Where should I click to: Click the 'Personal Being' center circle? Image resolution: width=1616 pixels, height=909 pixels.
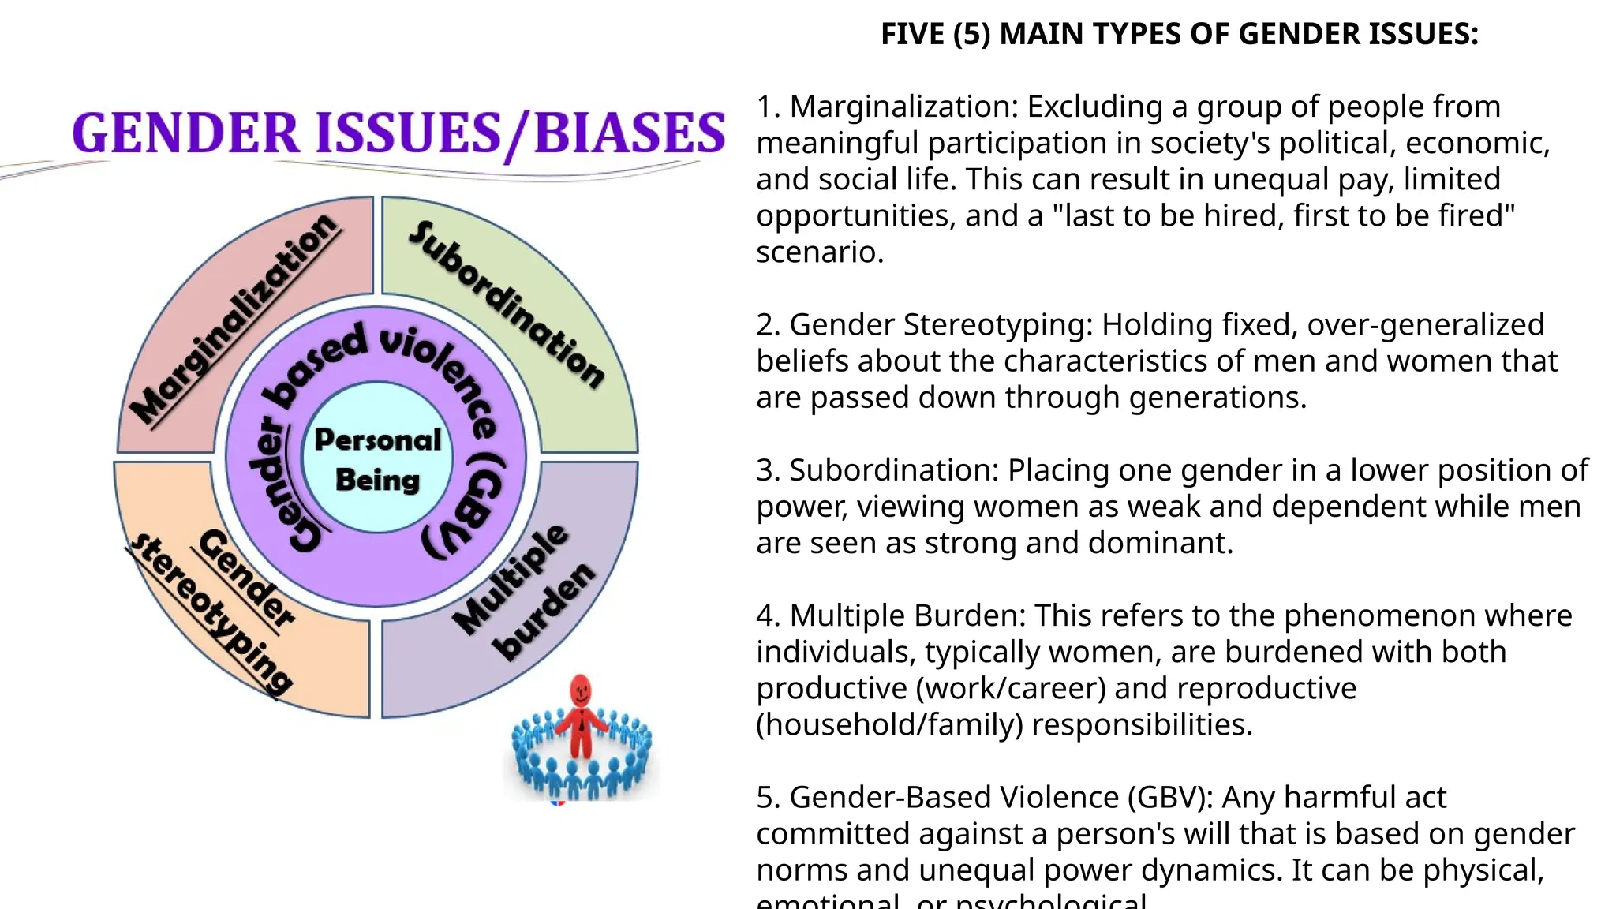(377, 459)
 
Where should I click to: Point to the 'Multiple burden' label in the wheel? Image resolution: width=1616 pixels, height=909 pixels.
(525, 591)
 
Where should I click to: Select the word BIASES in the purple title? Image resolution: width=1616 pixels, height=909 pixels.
(629, 133)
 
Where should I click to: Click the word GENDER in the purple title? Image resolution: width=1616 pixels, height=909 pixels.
(186, 133)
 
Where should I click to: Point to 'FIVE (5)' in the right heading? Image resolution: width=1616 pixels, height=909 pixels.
(935, 34)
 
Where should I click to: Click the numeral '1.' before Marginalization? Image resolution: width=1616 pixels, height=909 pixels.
(768, 107)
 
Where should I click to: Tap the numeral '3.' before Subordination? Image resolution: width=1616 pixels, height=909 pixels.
(768, 470)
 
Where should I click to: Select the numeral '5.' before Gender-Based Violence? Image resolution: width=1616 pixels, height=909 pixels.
(768, 798)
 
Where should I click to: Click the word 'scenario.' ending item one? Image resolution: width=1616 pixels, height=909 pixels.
(820, 252)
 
